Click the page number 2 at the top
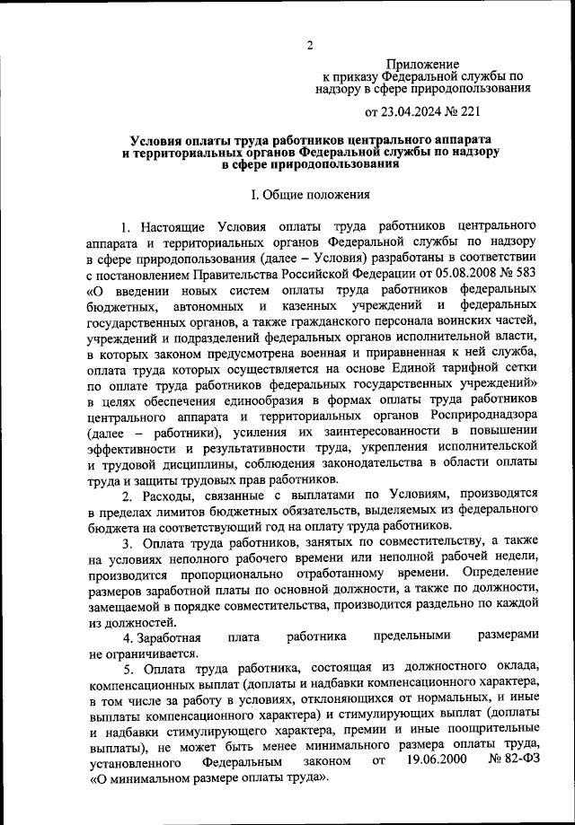[x=309, y=46]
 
